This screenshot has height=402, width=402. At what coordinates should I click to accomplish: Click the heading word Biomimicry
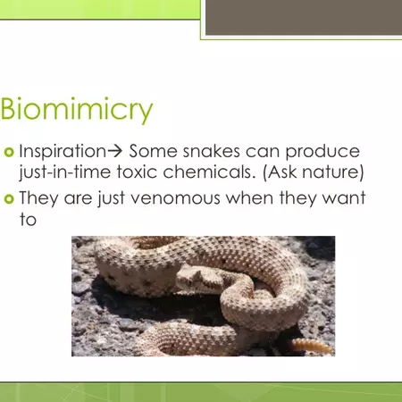[x=77, y=110]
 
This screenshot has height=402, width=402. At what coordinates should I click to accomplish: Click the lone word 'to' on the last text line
[x=27, y=219]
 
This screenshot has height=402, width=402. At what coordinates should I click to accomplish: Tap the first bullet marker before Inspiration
[x=8, y=151]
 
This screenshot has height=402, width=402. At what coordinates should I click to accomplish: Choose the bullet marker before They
[x=8, y=200]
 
